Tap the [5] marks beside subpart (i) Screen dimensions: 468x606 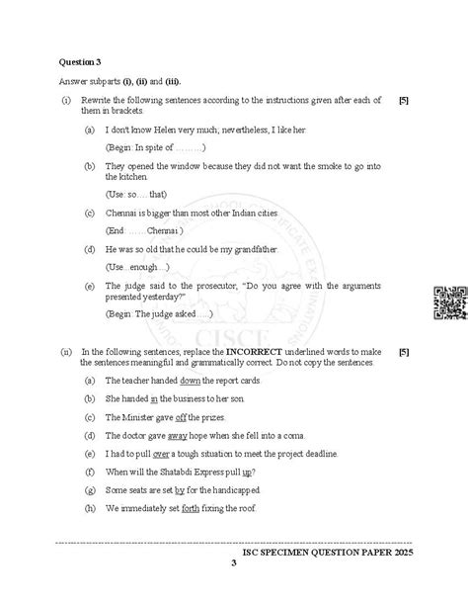[x=404, y=101]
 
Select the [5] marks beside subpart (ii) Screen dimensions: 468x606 [x=404, y=351]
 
